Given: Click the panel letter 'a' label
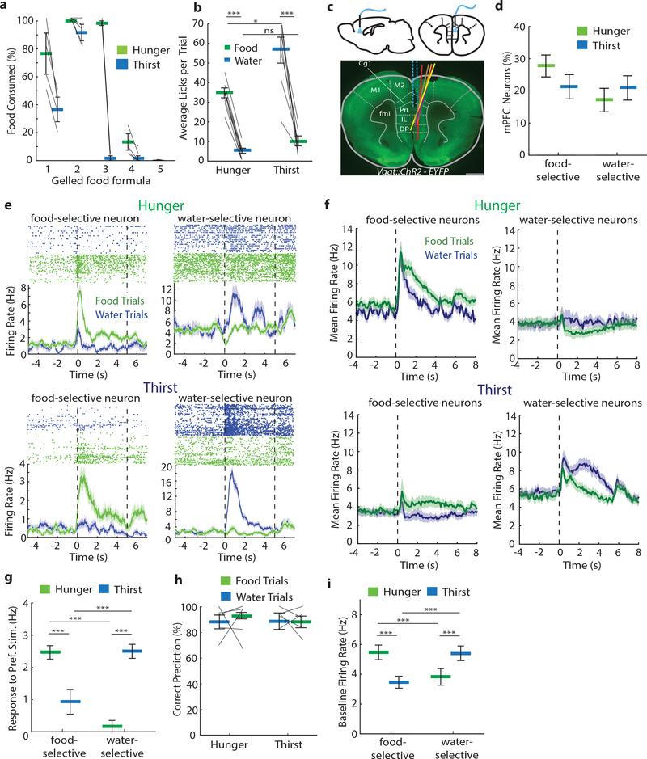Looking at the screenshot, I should click(6, 7).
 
